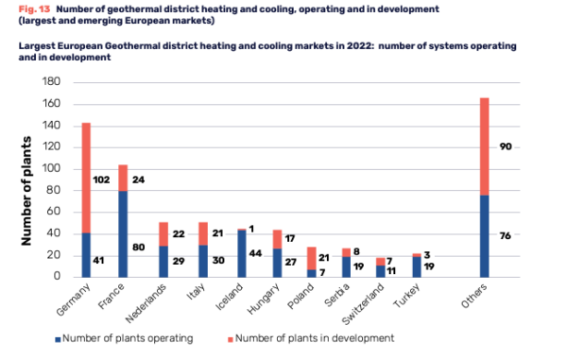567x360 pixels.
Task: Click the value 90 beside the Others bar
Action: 505,146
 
